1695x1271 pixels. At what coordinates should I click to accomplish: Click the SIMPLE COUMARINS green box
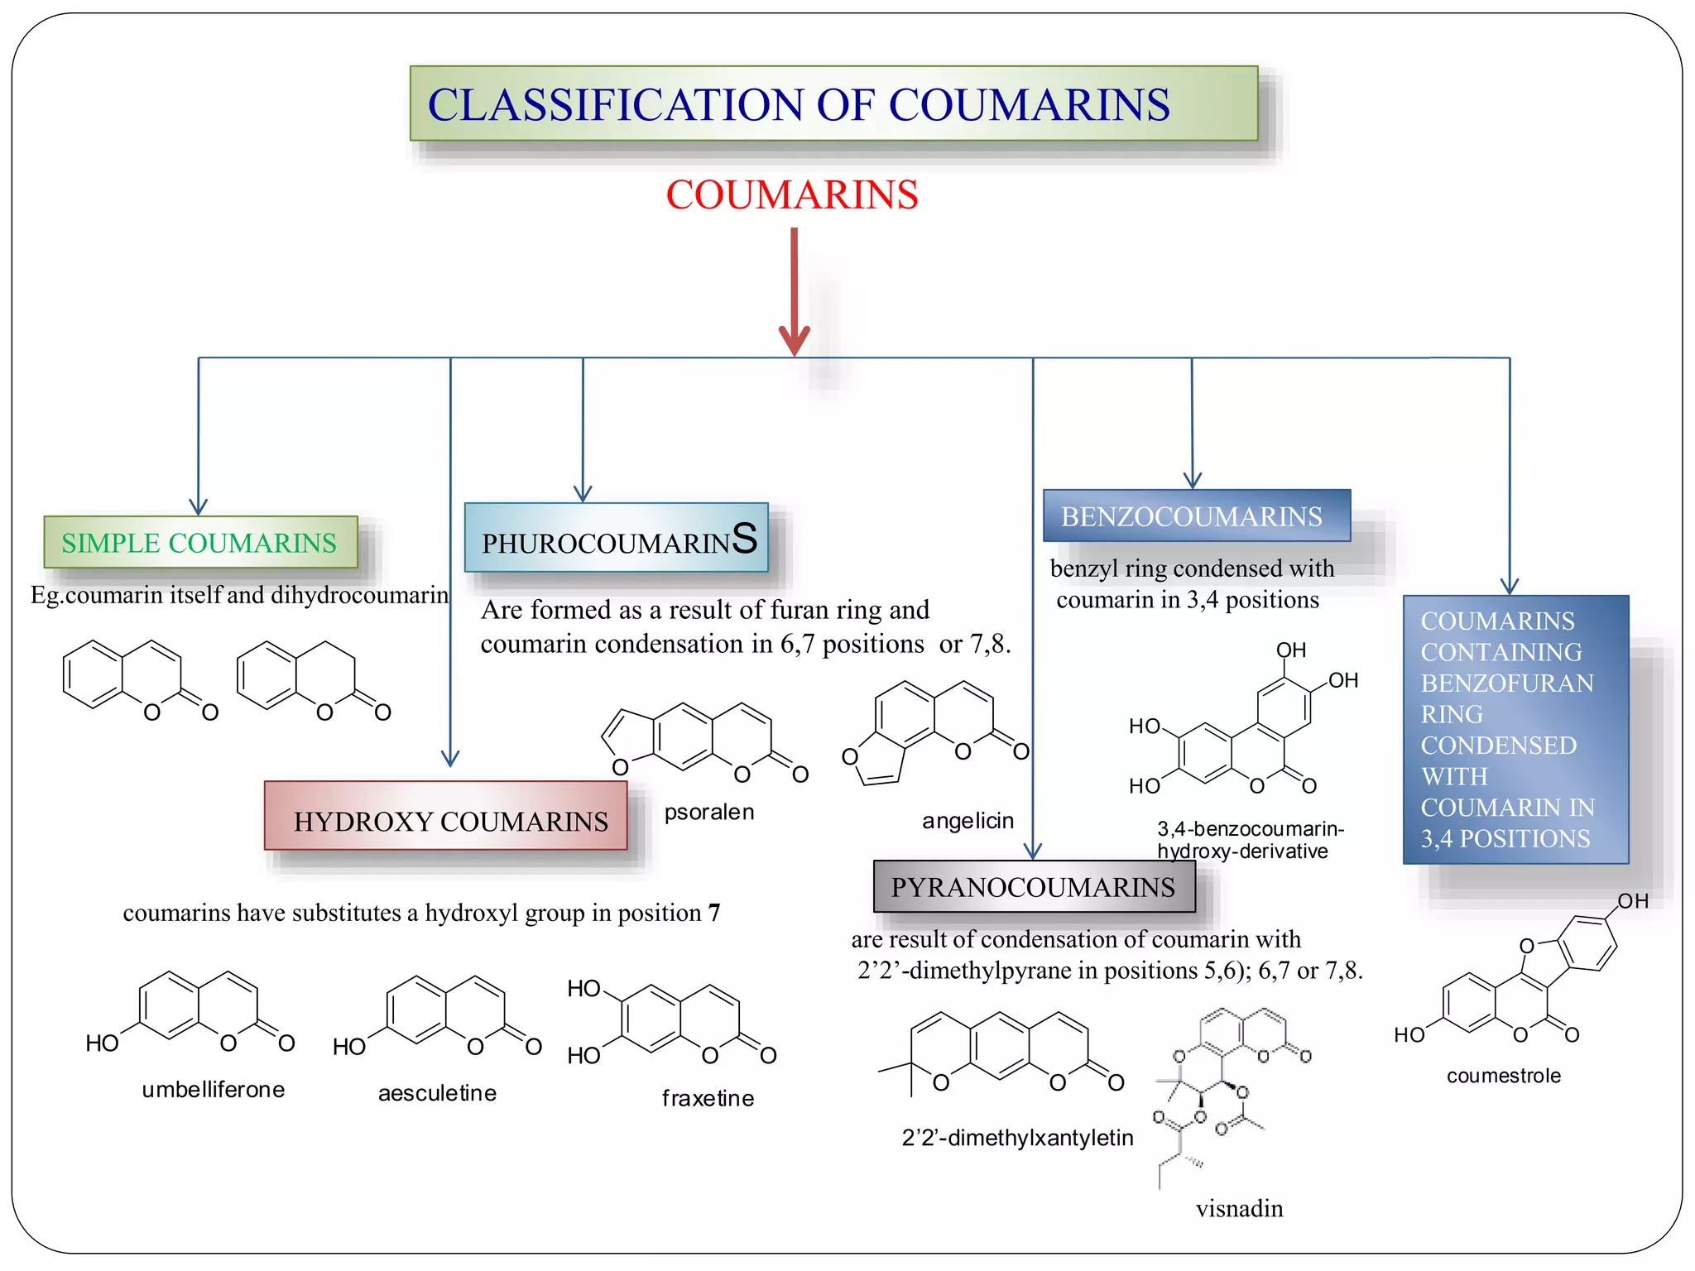pos(200,543)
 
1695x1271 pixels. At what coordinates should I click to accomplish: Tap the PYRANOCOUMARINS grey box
pos(1034,887)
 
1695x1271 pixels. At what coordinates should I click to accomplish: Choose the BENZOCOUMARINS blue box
pos(1196,516)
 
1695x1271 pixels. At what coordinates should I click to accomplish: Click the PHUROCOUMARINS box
pos(617,539)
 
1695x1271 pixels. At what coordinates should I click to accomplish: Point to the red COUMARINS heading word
pos(792,195)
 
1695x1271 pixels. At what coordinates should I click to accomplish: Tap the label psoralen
pos(709,812)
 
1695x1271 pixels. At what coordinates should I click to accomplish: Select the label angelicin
pos(968,820)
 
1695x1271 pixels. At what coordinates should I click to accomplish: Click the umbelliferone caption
pos(214,1090)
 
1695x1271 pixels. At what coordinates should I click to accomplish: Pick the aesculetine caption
pos(437,1093)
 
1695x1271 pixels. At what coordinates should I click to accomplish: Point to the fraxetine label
pos(708,1098)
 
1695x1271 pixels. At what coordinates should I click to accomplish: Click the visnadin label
pos(1239,1209)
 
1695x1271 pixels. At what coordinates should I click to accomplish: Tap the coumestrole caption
pos(1503,1076)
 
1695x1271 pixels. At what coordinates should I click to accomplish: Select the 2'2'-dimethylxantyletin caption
pos(1017,1138)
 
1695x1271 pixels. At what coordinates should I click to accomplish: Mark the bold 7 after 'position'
pos(713,913)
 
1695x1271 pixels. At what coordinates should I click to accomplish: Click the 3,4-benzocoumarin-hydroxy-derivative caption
pos(1249,840)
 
